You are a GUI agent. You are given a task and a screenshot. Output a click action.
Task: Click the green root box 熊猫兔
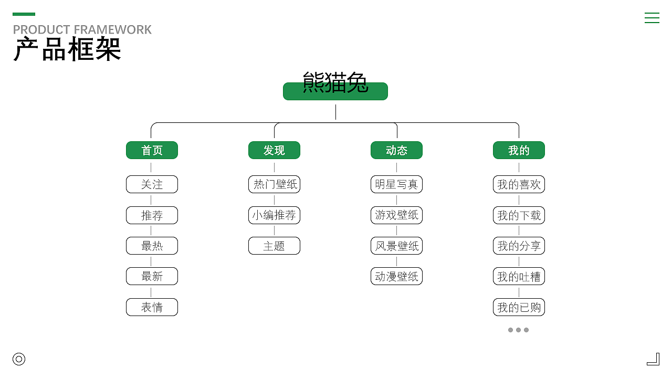335,91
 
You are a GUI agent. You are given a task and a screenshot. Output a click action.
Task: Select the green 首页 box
152,150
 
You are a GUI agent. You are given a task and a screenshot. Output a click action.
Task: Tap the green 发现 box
274,150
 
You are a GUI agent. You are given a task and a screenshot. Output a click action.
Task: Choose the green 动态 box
396,150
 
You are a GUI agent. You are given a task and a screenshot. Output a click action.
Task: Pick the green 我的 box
519,150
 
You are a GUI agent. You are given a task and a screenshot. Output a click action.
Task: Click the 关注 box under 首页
152,184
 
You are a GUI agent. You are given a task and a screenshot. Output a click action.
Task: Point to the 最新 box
152,276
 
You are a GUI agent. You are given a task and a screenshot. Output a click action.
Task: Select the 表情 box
152,307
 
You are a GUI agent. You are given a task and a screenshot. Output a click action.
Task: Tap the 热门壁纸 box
274,184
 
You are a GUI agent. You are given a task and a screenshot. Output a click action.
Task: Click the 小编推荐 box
274,215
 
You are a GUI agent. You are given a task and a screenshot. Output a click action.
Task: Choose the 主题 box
274,246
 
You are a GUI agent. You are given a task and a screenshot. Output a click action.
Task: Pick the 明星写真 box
396,184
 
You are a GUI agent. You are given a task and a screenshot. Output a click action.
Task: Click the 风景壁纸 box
396,246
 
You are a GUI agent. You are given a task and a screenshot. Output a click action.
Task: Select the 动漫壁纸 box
396,276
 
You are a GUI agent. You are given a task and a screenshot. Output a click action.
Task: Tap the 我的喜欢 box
519,184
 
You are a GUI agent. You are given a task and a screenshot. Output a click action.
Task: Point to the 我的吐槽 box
519,276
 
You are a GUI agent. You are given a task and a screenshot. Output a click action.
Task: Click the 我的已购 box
519,307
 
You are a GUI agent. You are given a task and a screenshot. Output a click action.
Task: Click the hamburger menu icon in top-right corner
652,18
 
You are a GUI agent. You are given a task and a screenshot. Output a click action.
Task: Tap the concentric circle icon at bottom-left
19,359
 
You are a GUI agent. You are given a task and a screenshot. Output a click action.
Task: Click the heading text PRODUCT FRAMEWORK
82,29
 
